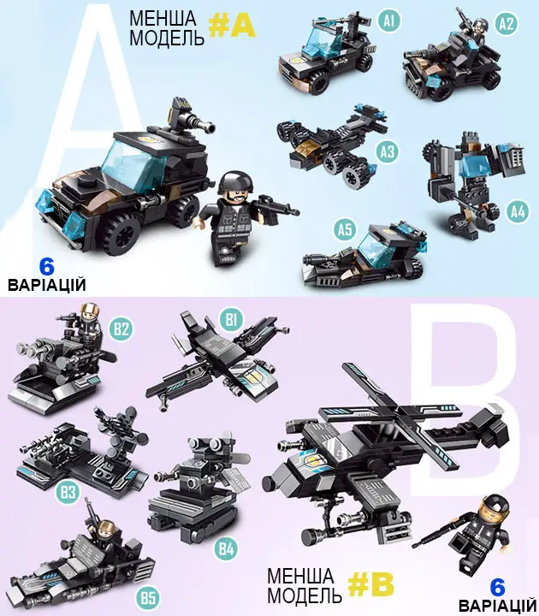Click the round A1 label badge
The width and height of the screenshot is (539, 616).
tap(388, 21)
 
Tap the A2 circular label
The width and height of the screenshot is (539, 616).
tap(506, 24)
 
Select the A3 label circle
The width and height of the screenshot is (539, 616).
tap(387, 151)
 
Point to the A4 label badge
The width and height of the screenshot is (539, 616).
tap(518, 212)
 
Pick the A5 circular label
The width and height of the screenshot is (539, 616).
tap(346, 229)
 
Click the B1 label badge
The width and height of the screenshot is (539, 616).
tap(231, 319)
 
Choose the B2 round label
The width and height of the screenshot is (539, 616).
tap(121, 328)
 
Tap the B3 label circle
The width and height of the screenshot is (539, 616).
tap(68, 491)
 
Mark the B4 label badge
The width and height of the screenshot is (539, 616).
tap(226, 548)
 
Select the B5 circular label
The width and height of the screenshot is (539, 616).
tap(148, 598)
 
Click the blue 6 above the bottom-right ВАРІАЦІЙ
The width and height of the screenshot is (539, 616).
tap(498, 587)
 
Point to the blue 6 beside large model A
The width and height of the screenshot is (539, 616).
tap(46, 267)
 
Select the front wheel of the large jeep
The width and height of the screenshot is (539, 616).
tap(121, 234)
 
